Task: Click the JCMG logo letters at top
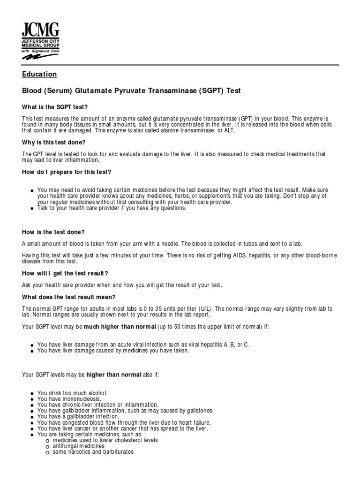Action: point(41,30)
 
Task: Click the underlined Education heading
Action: point(39,74)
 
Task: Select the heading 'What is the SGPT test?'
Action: point(55,107)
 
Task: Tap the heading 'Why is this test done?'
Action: point(54,142)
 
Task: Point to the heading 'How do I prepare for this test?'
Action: point(67,172)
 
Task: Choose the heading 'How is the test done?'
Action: point(53,232)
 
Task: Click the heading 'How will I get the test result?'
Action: point(65,273)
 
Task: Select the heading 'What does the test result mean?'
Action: point(68,297)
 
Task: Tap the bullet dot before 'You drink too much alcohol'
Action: point(31,393)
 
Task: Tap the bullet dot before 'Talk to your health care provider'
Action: point(31,209)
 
